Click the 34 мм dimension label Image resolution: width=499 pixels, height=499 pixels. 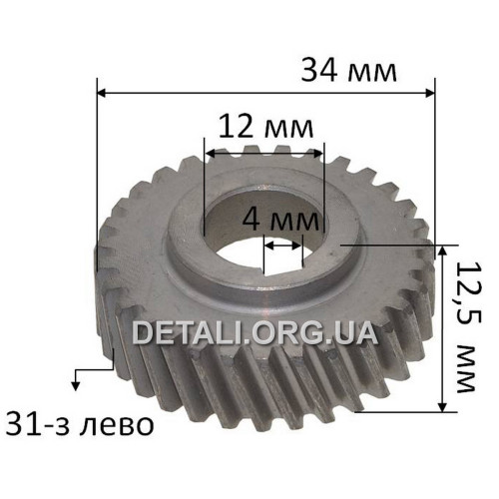click(x=348, y=71)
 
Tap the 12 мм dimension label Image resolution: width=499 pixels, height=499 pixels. click(x=265, y=127)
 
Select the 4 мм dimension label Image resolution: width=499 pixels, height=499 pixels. click(x=280, y=220)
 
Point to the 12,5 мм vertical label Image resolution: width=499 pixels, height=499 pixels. click(x=467, y=326)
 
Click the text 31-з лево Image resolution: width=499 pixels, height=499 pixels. click(x=80, y=425)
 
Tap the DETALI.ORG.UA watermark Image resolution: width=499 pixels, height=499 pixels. click(x=254, y=333)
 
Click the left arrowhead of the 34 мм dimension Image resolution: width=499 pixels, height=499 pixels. click(x=102, y=94)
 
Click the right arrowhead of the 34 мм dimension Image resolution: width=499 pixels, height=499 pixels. click(x=430, y=94)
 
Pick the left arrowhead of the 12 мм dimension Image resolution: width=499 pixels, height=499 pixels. click(x=210, y=154)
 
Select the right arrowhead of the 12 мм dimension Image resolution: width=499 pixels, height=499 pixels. click(x=318, y=154)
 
